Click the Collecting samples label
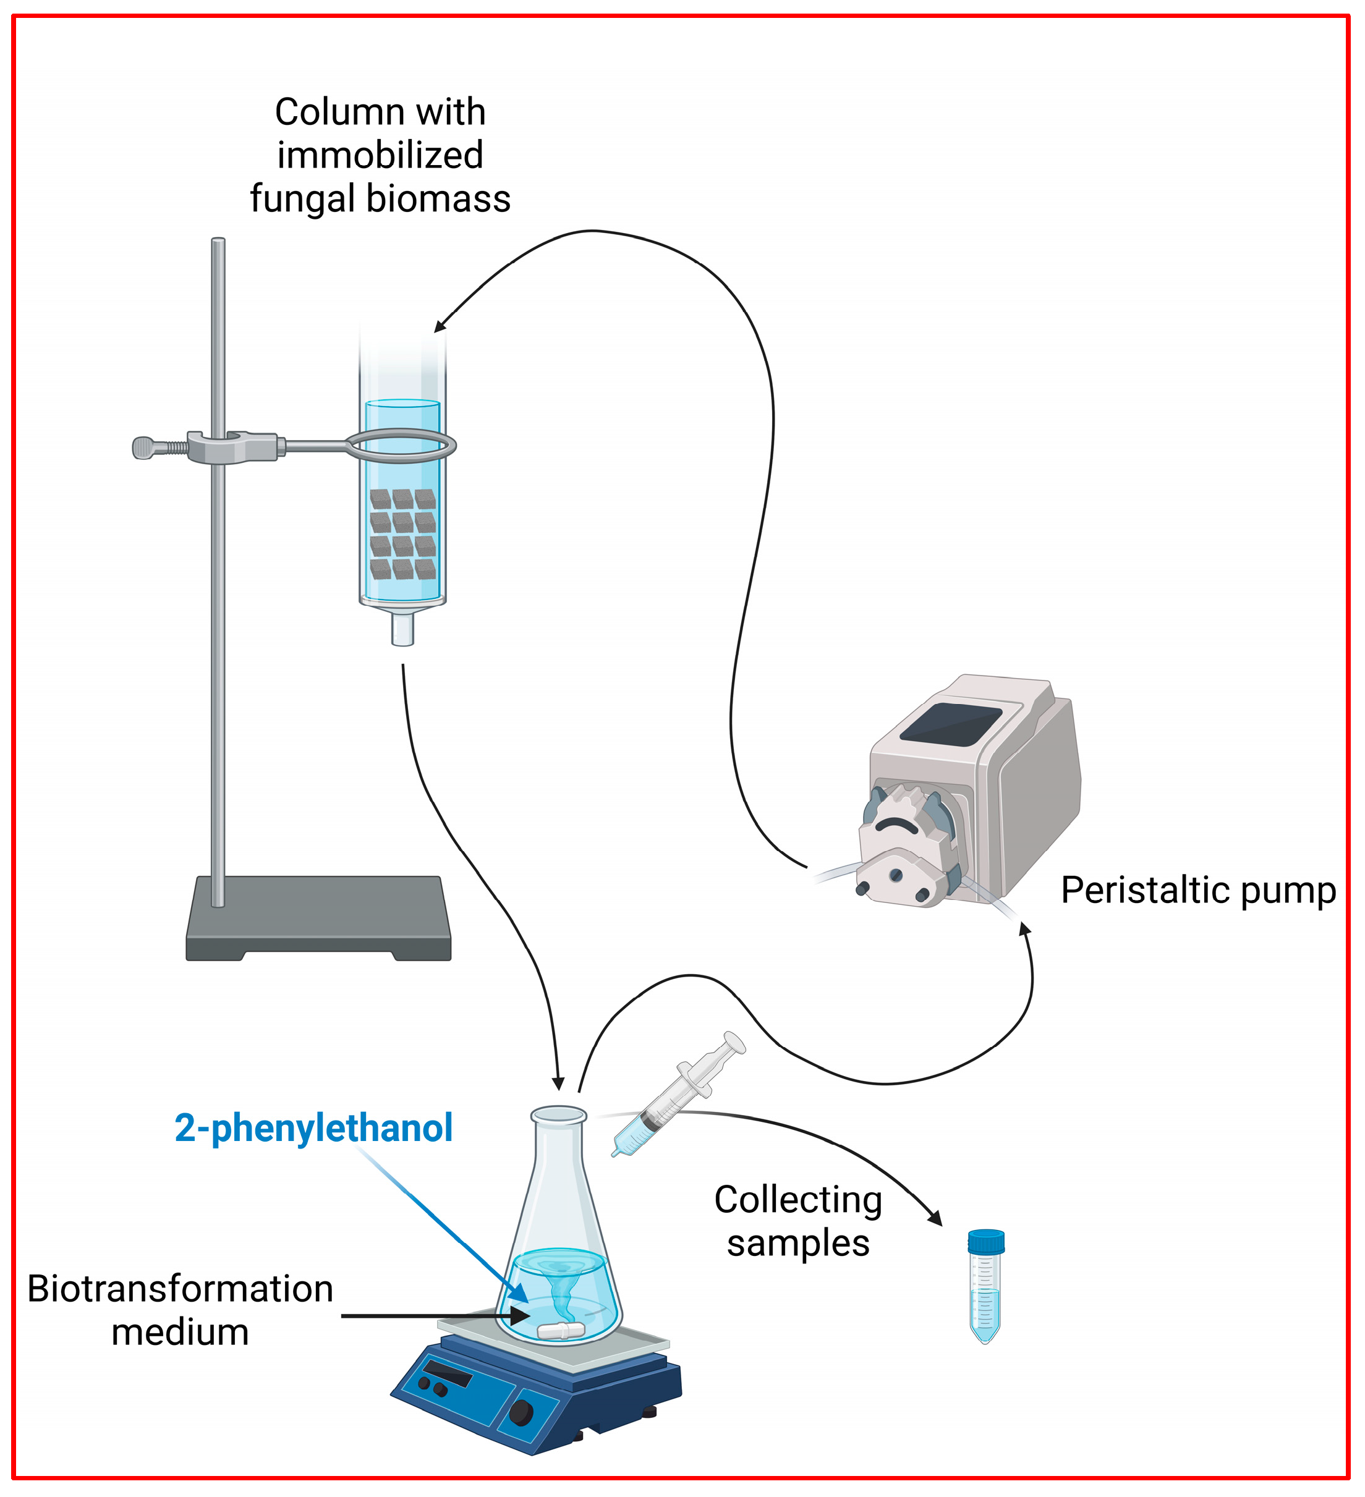point(797,1221)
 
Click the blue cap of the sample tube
point(985,1241)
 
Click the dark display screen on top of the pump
point(951,724)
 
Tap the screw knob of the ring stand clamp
point(144,447)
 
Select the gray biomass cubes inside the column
point(402,534)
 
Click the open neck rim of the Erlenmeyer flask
point(558,1114)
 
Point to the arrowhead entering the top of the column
point(440,326)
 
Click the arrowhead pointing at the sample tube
point(936,1217)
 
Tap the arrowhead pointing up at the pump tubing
point(1025,928)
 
